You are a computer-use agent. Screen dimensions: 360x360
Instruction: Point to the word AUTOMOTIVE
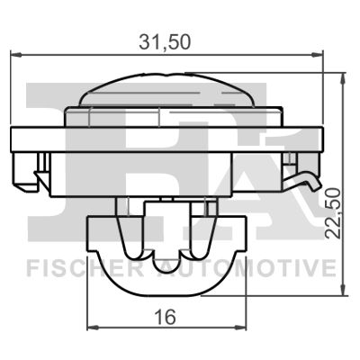point(256,267)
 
